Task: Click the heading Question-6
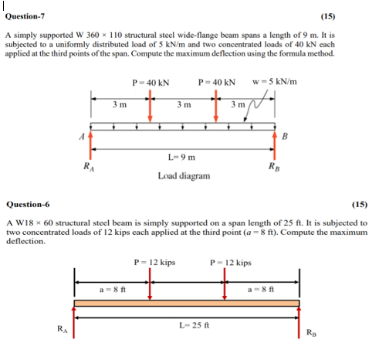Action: (x=27, y=205)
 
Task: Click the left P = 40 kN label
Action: (x=151, y=83)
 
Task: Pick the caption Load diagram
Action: (x=183, y=175)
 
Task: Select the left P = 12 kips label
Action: (x=154, y=263)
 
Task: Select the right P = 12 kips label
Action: (x=230, y=263)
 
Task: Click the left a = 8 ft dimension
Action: (x=113, y=288)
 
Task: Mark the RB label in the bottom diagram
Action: (x=310, y=333)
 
